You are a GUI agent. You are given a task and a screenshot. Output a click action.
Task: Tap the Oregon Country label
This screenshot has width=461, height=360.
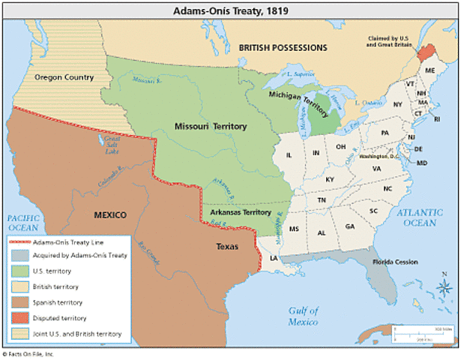pyautogui.click(x=64, y=77)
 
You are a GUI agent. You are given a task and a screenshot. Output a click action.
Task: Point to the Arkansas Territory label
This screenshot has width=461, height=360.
pyautogui.click(x=240, y=212)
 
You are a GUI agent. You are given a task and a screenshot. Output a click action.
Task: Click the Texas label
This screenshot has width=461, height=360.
pyautogui.click(x=227, y=245)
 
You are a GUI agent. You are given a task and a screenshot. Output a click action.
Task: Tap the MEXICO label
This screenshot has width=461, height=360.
pyautogui.click(x=109, y=215)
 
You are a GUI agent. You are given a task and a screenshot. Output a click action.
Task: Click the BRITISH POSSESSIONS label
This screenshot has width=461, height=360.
pyautogui.click(x=283, y=47)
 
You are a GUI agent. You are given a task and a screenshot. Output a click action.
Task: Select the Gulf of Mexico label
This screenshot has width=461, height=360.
pyautogui.click(x=304, y=316)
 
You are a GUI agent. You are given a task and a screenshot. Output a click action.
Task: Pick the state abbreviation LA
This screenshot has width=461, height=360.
pyautogui.click(x=274, y=258)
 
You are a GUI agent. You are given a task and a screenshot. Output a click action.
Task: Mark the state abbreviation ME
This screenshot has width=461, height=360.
pyautogui.click(x=430, y=70)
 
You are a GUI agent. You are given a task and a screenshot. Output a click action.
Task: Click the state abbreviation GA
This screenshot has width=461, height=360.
pyautogui.click(x=349, y=226)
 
